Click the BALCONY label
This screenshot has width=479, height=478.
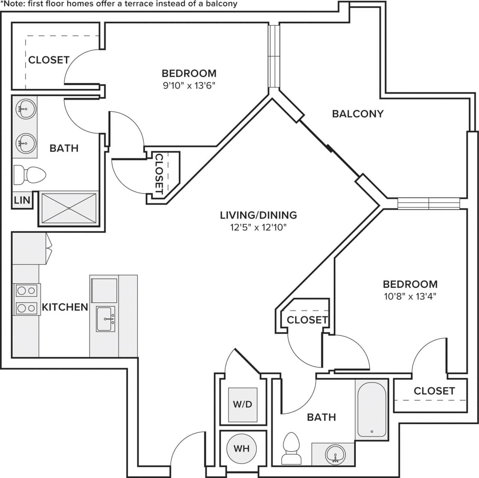[358, 114]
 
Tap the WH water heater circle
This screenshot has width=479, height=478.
[241, 448]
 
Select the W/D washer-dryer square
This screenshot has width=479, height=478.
[243, 404]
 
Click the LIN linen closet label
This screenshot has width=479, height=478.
[22, 200]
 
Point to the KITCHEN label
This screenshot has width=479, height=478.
[65, 307]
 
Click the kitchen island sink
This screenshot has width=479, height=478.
[106, 319]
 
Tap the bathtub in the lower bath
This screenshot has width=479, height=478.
[372, 409]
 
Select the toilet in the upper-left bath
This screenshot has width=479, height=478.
[30, 174]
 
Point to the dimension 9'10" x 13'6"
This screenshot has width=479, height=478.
[189, 86]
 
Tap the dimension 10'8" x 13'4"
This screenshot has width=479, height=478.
[410, 296]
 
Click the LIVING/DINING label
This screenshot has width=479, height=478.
[258, 215]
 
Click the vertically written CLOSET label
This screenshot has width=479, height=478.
[159, 174]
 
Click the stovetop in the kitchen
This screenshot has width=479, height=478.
[27, 299]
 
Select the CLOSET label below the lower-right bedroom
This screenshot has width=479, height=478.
[434, 391]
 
